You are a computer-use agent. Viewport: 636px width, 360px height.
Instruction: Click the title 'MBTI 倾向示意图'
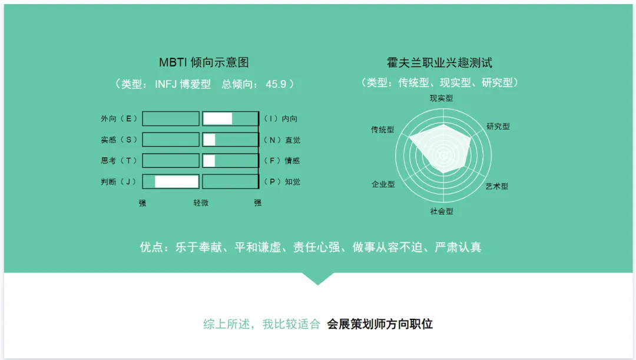point(204,62)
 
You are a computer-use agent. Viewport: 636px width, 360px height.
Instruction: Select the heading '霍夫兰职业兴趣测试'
point(440,62)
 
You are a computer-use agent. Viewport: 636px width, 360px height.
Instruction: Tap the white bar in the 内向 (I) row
point(217,118)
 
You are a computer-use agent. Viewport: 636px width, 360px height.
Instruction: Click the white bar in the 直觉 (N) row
point(209,140)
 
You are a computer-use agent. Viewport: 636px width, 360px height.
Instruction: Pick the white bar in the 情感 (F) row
point(209,161)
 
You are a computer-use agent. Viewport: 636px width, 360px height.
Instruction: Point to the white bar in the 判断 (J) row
point(177,182)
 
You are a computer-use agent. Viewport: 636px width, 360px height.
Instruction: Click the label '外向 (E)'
point(119,118)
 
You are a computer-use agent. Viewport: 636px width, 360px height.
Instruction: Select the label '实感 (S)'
point(119,140)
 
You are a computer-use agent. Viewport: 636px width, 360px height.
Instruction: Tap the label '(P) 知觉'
point(282,182)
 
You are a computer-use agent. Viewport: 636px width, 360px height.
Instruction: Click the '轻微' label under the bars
point(201,203)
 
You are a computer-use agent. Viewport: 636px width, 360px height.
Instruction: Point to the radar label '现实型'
point(441,98)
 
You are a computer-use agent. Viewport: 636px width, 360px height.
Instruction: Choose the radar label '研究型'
point(498,126)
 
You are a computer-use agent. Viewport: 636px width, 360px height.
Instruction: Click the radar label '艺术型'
point(497,186)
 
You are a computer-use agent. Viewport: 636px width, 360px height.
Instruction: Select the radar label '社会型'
point(442,211)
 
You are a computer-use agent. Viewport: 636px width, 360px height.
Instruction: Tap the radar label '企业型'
point(383,184)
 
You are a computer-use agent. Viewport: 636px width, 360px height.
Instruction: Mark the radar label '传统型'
point(383,130)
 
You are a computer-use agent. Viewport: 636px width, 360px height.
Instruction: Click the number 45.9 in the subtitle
point(276,84)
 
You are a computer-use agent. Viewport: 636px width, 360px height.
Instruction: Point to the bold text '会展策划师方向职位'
point(380,324)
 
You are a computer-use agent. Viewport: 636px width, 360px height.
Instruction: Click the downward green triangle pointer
point(318,279)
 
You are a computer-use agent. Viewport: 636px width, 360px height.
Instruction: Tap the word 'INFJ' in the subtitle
point(165,84)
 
